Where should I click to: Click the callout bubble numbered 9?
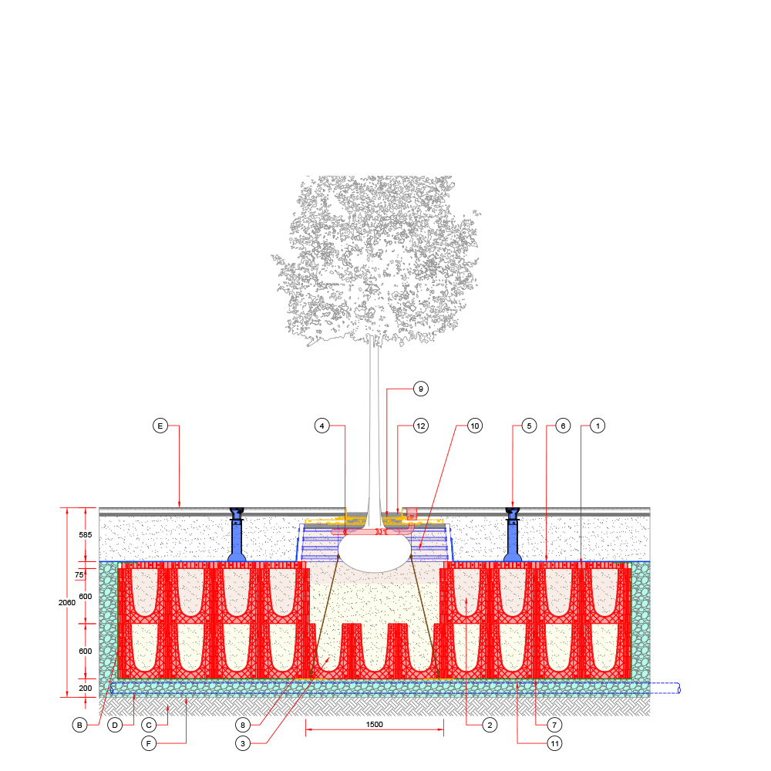point(420,389)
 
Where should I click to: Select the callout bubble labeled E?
point(160,426)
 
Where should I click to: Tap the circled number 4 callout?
point(322,426)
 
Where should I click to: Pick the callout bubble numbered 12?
point(420,426)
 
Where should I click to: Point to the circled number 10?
point(474,426)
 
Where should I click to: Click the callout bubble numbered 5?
point(529,426)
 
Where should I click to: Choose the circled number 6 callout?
point(563,426)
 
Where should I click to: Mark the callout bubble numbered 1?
point(598,426)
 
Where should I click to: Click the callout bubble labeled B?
point(79,725)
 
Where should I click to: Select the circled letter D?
point(115,725)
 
